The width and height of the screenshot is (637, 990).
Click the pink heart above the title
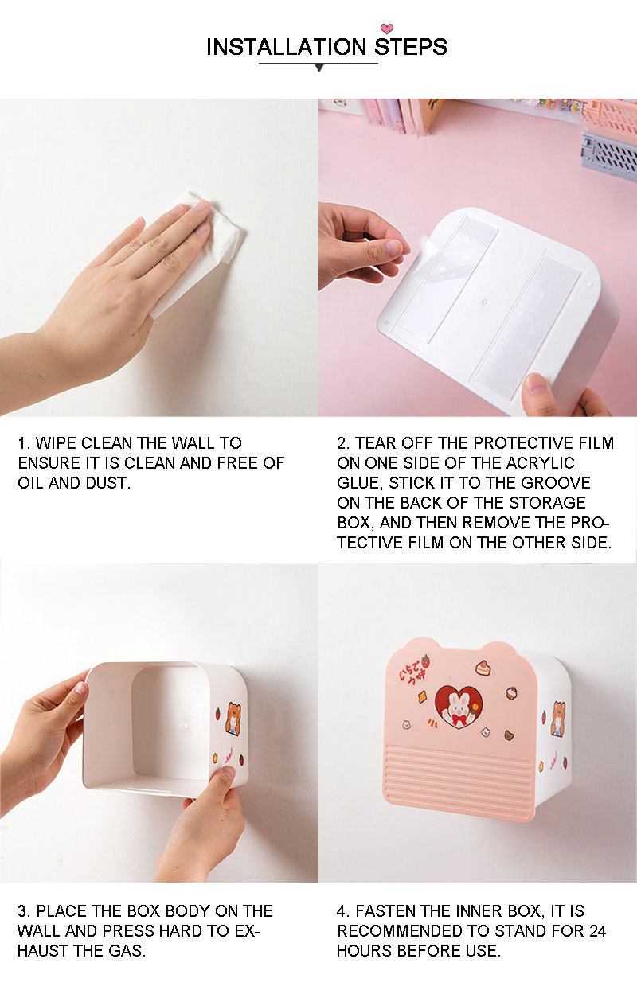point(387,29)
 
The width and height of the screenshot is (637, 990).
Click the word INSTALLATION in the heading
point(287,47)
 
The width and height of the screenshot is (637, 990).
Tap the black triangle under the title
point(319,68)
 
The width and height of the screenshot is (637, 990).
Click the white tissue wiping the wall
point(199,252)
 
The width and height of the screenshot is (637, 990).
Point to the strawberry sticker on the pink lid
point(425,661)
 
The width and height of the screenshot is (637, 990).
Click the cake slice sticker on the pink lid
point(483,667)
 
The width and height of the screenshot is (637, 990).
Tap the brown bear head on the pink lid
point(510,736)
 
